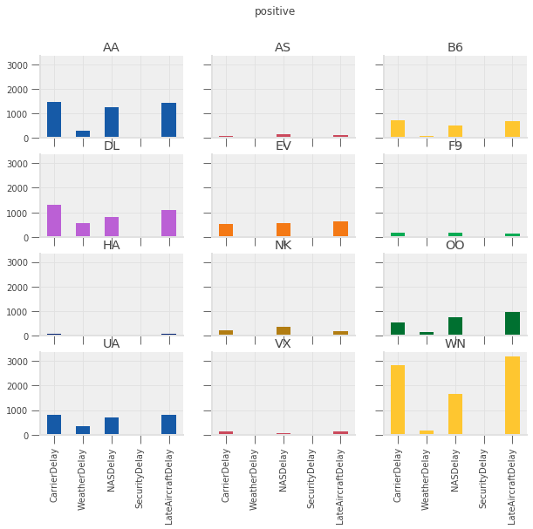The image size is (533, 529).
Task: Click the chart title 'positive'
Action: pos(275,11)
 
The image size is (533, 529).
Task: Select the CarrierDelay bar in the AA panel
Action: pos(54,119)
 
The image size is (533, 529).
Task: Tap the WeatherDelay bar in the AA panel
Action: pos(83,134)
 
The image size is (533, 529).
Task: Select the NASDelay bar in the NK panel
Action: pos(284,331)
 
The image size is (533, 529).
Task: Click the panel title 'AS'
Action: pos(283,47)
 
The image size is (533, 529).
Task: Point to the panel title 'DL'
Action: pos(111,146)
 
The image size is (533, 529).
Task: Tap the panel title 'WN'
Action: pos(455,343)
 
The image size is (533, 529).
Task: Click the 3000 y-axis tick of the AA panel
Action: pos(23,65)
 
